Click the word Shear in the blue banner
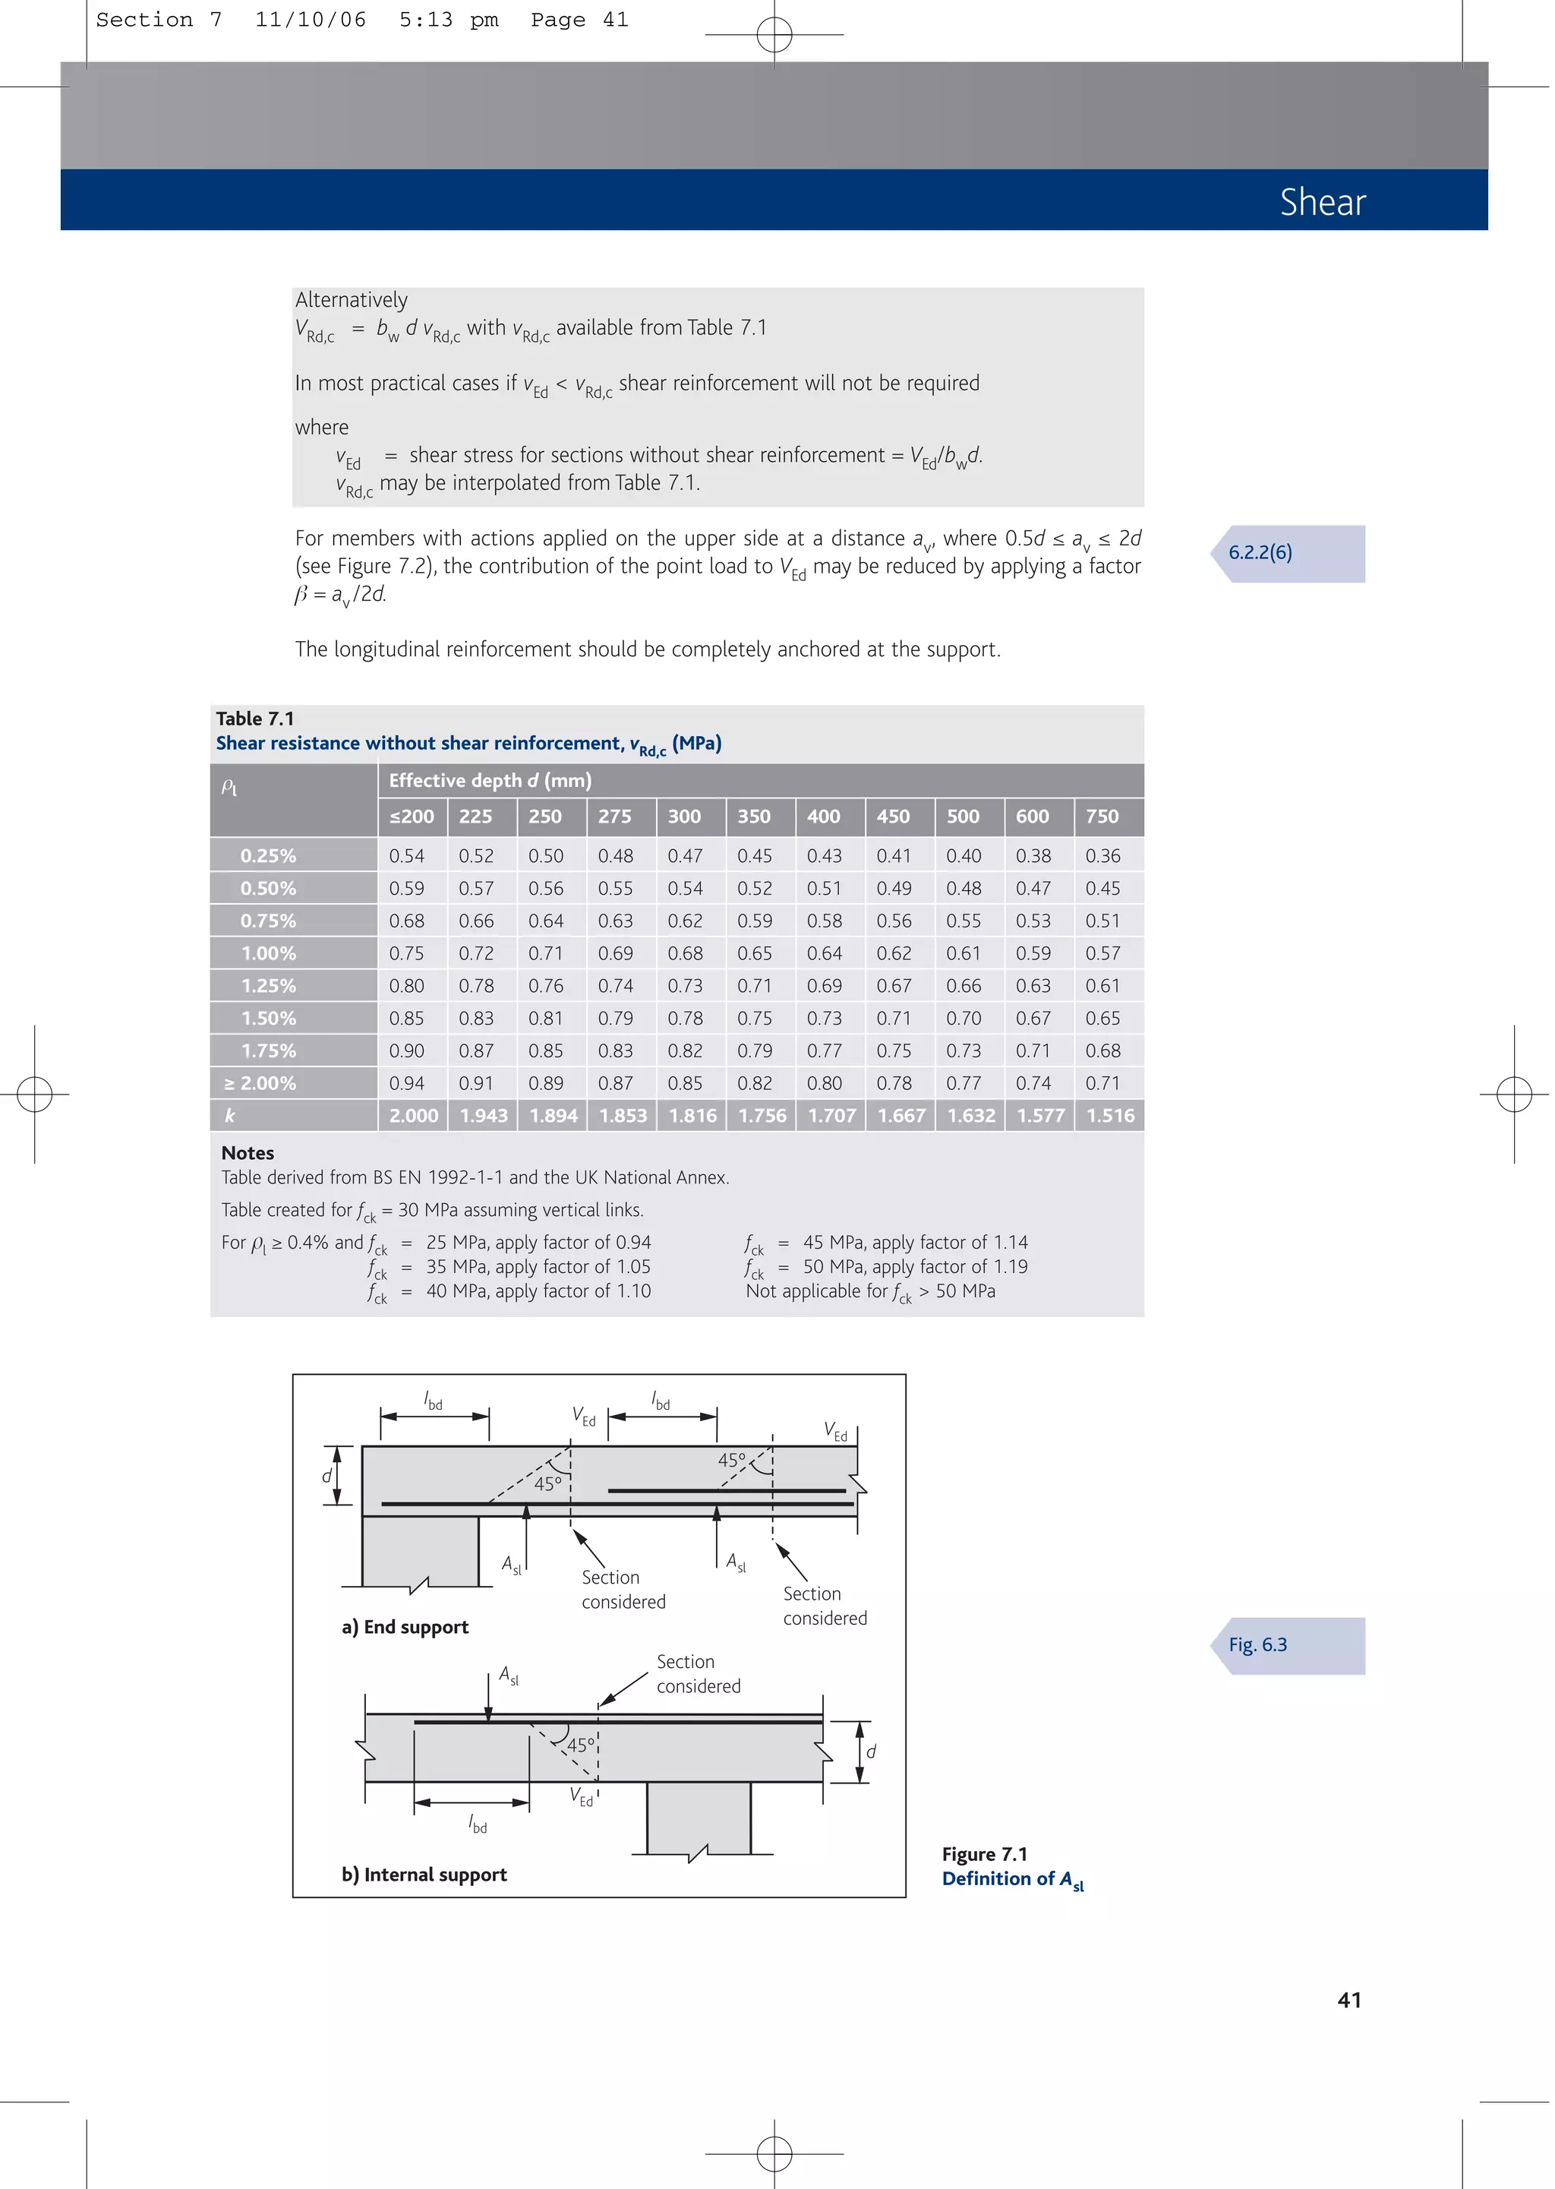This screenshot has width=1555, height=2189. (1323, 202)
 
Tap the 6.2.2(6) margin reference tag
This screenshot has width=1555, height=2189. (1260, 552)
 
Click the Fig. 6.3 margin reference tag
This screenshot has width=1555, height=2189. (1257, 1645)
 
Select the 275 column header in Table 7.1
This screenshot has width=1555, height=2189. (615, 817)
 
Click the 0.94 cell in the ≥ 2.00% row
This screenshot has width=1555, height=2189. (406, 1083)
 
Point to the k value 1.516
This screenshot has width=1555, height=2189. (1110, 1116)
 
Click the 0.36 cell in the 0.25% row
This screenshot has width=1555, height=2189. (1102, 856)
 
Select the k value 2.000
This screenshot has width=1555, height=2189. (413, 1116)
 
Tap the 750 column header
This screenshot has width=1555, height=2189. (1102, 817)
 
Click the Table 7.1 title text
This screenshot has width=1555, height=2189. (254, 719)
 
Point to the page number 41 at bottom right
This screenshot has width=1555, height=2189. (1349, 1999)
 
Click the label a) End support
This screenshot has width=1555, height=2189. (405, 1627)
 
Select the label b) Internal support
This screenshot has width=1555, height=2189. (424, 1874)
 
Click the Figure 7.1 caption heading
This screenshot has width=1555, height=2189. (984, 1854)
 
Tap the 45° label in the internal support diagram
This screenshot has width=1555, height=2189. (581, 1745)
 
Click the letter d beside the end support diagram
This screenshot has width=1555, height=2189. (326, 1476)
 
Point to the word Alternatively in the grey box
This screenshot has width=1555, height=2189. (351, 300)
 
